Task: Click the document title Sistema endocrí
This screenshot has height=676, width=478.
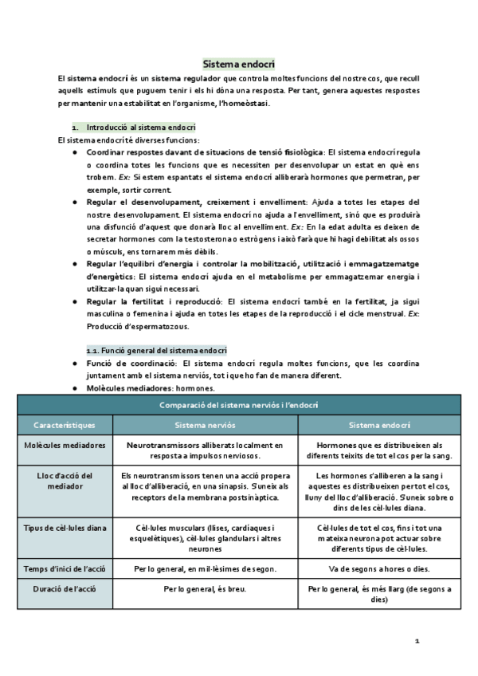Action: pyautogui.click(x=239, y=63)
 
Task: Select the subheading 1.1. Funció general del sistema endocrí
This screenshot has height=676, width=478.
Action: pyautogui.click(x=156, y=350)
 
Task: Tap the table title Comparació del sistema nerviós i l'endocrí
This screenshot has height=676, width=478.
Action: pyautogui.click(x=239, y=405)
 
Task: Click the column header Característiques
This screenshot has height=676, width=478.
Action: pyautogui.click(x=65, y=426)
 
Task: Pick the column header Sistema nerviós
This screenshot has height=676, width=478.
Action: pyautogui.click(x=205, y=426)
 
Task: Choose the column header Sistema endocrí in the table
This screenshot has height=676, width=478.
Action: pyautogui.click(x=379, y=426)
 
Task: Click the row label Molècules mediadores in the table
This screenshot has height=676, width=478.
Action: pyautogui.click(x=65, y=446)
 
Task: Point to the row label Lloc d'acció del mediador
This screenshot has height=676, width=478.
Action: pyautogui.click(x=65, y=481)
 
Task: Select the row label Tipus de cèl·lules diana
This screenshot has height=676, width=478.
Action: pyautogui.click(x=65, y=528)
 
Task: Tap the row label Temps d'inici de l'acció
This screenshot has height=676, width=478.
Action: pyautogui.click(x=65, y=568)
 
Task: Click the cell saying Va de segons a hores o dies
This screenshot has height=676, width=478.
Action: pyautogui.click(x=379, y=568)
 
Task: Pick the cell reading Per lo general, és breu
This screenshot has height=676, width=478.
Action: pyautogui.click(x=205, y=589)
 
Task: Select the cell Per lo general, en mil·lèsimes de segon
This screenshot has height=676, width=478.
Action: pyautogui.click(x=205, y=568)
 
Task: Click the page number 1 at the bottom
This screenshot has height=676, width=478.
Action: pyautogui.click(x=416, y=641)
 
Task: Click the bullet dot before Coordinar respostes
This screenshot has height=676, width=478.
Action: pyautogui.click(x=75, y=151)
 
